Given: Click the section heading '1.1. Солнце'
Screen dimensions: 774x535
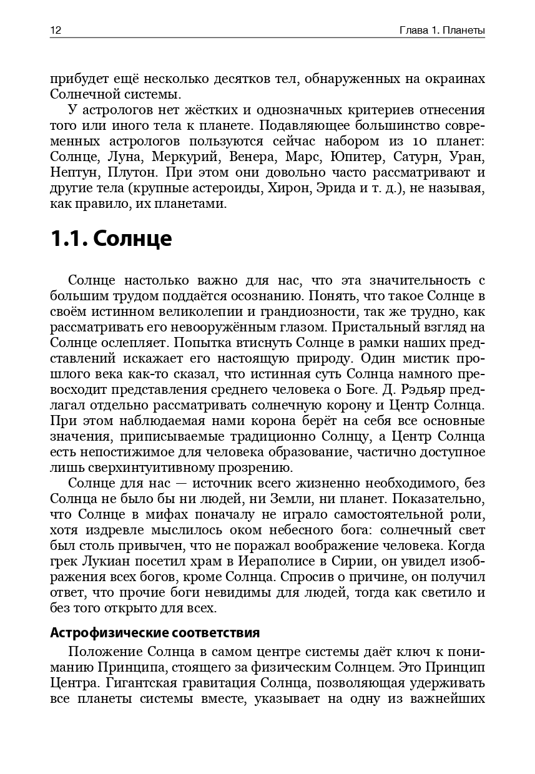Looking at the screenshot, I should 110,239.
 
